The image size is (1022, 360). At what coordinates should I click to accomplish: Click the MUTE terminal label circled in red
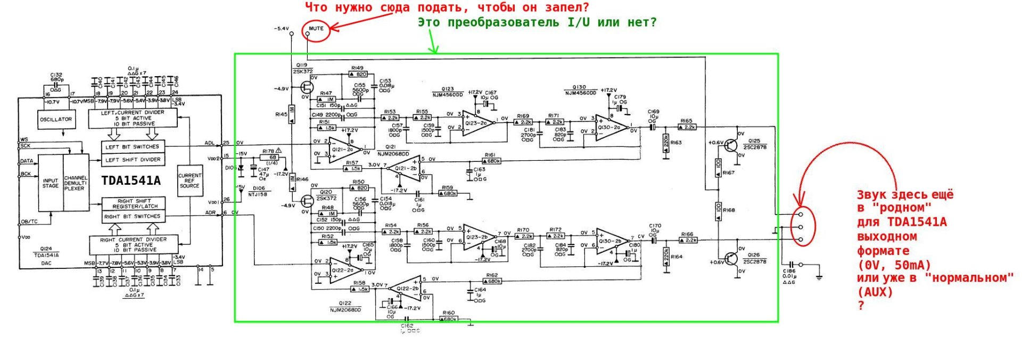[316, 28]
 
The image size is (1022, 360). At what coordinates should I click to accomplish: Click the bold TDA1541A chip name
[131, 181]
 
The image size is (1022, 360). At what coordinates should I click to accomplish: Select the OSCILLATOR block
[56, 119]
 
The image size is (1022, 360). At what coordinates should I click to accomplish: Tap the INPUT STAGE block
[51, 183]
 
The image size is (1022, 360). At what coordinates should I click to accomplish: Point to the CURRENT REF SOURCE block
[189, 181]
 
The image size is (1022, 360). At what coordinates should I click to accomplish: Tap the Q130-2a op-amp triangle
[610, 126]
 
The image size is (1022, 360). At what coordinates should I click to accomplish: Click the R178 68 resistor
[273, 157]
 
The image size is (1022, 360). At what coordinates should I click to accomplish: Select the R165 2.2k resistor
[687, 127]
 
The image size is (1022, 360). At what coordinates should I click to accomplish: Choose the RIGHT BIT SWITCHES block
[132, 217]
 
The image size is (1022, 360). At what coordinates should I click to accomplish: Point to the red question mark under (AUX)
[861, 305]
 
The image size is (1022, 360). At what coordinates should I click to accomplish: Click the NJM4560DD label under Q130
[581, 93]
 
